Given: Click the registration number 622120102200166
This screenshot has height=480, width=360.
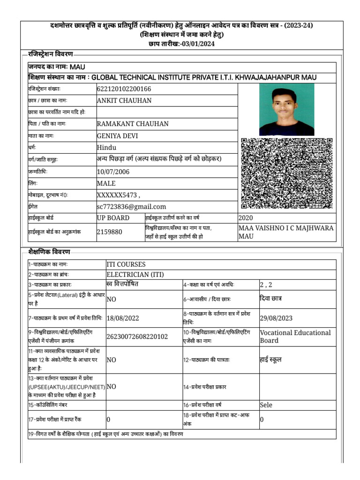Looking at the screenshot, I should (x=124, y=89).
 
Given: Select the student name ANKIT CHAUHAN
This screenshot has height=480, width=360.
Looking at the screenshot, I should (x=124, y=100).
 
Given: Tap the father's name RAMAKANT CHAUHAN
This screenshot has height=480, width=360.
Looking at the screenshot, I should (x=133, y=124).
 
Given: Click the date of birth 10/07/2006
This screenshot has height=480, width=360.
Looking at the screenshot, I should (x=113, y=172).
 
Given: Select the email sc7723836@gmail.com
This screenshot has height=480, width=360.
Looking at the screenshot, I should (x=131, y=207).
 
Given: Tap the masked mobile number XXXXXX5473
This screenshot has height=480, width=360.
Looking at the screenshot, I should (x=115, y=195).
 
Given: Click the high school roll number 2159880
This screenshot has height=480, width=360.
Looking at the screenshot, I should (x=110, y=232).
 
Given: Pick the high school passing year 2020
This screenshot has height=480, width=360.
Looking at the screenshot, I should (x=246, y=218).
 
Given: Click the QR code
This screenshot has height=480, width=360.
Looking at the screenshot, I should (x=286, y=173).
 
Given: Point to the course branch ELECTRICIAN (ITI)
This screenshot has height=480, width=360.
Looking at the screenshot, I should (x=135, y=275).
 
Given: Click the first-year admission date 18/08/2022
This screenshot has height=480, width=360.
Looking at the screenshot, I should (x=123, y=318).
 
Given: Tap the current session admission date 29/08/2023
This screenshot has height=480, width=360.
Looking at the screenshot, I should (x=276, y=318).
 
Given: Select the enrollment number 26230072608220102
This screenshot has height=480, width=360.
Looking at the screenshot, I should (x=137, y=337).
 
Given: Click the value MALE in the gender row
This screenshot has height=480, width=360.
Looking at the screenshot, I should (x=106, y=183).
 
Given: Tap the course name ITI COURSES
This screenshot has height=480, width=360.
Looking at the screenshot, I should (x=126, y=264).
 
